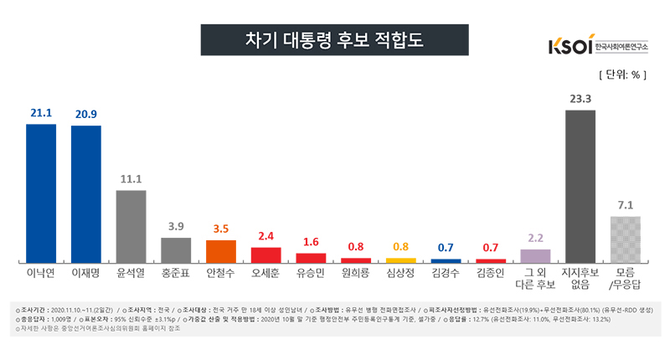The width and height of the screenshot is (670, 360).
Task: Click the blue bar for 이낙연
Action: (x=40, y=193)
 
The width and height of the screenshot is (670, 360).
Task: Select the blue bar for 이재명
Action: (x=85, y=194)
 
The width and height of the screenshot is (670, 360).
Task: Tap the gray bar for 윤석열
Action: (x=131, y=226)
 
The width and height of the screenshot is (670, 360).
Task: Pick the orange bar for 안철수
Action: (x=221, y=251)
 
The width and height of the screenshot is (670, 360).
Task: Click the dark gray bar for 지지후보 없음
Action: (x=580, y=187)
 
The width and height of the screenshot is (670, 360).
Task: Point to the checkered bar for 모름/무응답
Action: (x=626, y=239)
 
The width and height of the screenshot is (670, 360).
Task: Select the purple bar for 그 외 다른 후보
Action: (x=536, y=255)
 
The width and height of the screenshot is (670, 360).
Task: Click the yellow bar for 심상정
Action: (x=400, y=260)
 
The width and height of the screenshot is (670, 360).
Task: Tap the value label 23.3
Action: (x=580, y=98)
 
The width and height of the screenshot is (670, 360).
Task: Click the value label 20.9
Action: (x=85, y=112)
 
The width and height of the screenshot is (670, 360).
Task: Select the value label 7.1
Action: (x=626, y=204)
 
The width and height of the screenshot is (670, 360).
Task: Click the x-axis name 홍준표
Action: (x=176, y=273)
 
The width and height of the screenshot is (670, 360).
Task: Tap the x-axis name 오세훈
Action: (x=266, y=273)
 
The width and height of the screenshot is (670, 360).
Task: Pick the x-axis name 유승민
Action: (x=312, y=273)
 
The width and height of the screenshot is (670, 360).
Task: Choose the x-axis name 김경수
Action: (x=446, y=273)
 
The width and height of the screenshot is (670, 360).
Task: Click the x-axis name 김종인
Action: (x=491, y=273)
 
